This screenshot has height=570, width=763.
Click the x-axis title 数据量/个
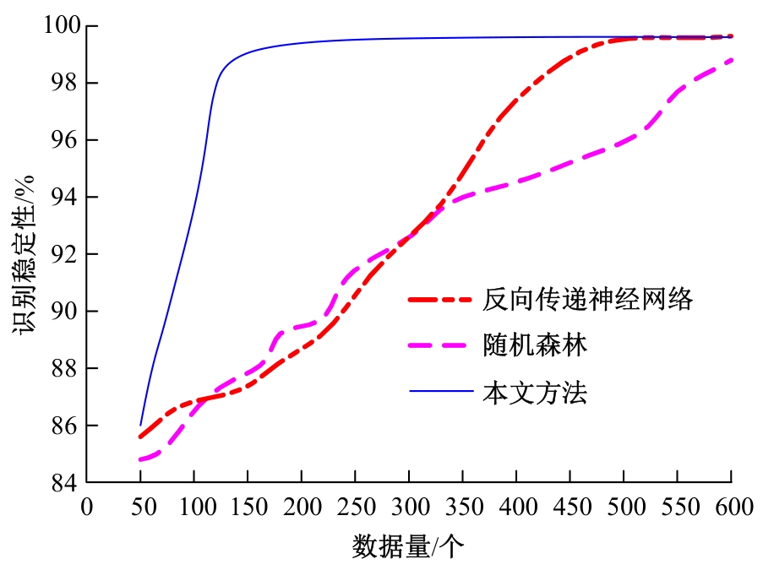click(x=407, y=548)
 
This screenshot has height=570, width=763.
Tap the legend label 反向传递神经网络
click(x=588, y=299)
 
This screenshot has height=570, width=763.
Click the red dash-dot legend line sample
click(x=440, y=299)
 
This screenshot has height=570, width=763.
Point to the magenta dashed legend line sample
click(x=440, y=345)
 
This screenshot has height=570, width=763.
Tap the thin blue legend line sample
click(x=440, y=392)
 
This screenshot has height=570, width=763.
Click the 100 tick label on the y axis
click(x=62, y=26)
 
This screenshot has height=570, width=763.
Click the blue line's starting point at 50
click(x=140, y=425)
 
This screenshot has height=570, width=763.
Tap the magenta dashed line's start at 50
click(x=140, y=460)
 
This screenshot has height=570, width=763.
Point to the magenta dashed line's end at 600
click(x=731, y=60)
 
